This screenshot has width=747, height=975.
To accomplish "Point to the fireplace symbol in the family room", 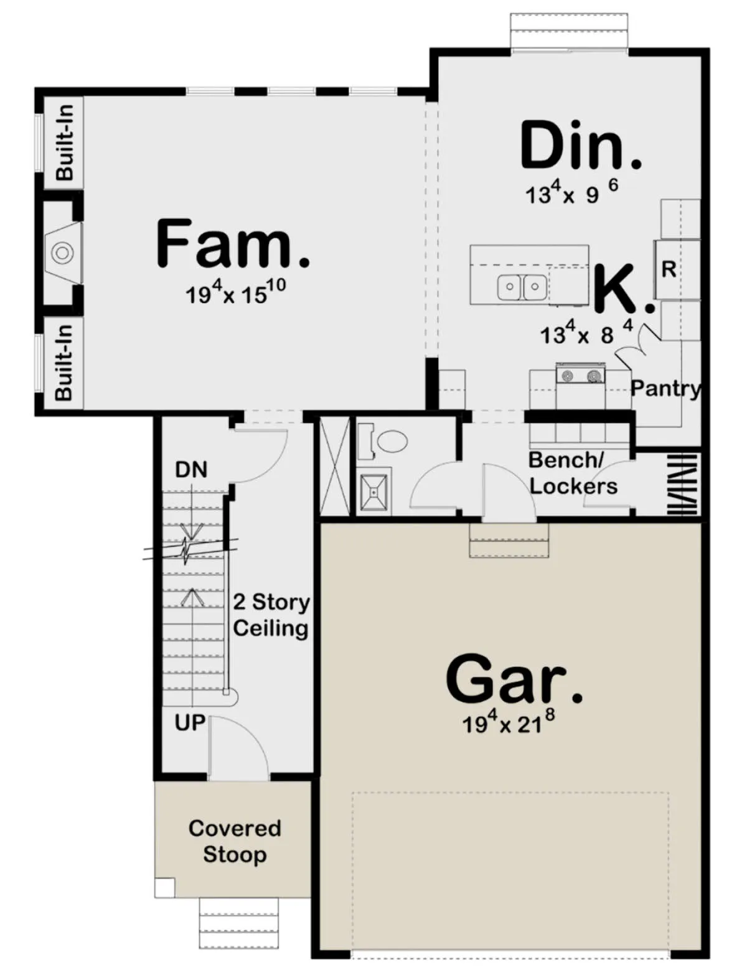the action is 62,253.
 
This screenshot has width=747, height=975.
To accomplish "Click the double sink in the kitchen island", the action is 522,287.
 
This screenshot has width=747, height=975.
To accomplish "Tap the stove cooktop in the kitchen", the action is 581,374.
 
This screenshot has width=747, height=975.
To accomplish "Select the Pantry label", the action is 665,389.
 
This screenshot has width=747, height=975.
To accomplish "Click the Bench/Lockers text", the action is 573,473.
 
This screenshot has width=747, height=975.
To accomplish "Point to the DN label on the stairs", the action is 191,470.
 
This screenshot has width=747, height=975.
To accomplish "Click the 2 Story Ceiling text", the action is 271,615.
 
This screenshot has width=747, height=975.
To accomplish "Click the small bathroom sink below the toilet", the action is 374,492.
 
